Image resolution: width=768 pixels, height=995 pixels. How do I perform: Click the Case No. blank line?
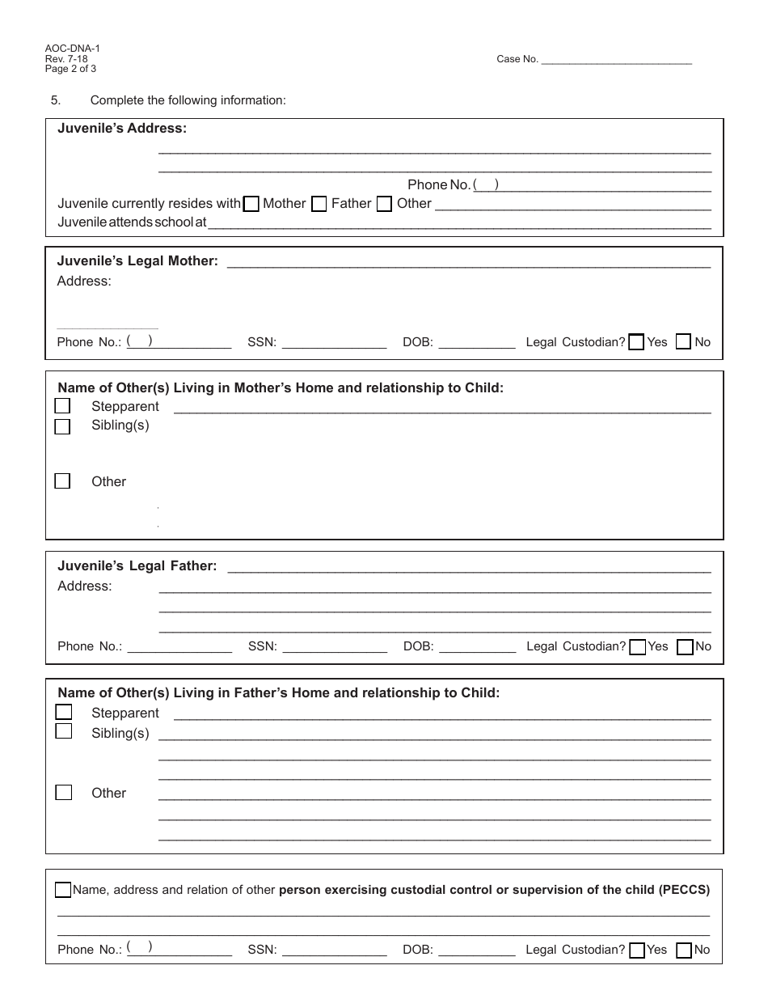[x=615, y=59]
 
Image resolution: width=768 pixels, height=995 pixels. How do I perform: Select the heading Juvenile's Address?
[x=122, y=129]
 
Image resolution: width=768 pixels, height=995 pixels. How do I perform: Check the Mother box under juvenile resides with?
[x=251, y=204]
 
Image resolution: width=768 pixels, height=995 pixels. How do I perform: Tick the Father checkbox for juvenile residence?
[x=319, y=204]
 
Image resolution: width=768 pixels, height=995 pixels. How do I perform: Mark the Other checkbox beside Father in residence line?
[x=385, y=204]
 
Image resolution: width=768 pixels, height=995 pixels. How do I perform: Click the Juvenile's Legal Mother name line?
[x=469, y=261]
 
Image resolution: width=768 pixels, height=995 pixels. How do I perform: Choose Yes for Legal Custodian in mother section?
[x=636, y=342]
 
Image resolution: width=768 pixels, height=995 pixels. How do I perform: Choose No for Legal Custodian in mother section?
[x=683, y=342]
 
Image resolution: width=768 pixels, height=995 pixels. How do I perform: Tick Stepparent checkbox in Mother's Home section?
[x=62, y=406]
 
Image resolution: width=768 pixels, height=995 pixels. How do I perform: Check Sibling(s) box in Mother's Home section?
[x=62, y=426]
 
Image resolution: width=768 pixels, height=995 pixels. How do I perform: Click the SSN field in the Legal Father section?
[x=334, y=646]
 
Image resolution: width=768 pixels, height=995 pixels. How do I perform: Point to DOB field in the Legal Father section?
[x=476, y=646]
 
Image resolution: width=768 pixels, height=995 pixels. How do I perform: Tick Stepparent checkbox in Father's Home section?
[x=63, y=712]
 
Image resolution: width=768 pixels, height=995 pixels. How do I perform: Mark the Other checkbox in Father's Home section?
[x=63, y=792]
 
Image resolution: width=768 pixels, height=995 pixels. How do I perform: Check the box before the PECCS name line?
[x=63, y=890]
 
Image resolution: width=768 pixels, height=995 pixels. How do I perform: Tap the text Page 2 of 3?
[x=71, y=69]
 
